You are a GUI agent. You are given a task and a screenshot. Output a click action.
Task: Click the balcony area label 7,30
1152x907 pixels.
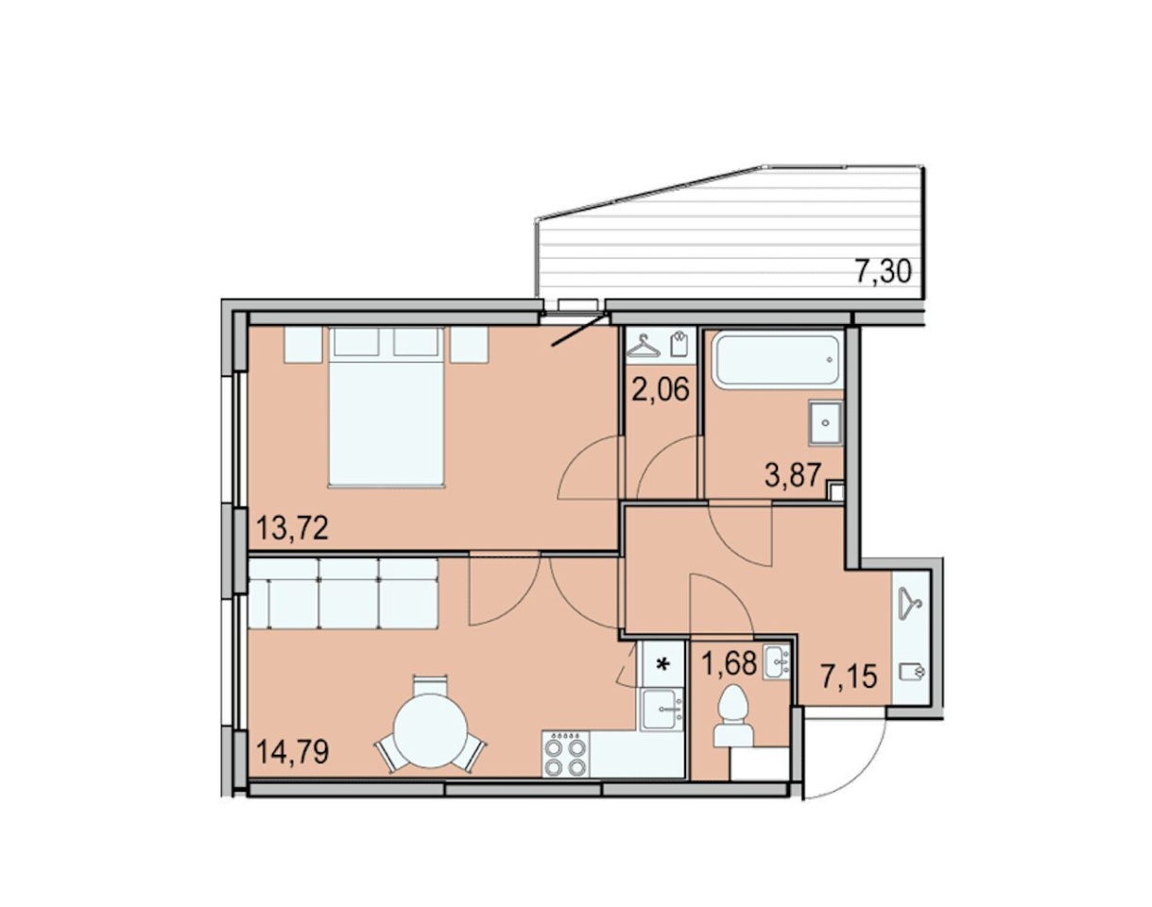pos(883,271)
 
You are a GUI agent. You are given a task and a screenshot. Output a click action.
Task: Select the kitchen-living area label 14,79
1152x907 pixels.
pos(292,751)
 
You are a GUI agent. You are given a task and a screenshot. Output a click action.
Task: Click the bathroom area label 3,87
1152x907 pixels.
pos(793,474)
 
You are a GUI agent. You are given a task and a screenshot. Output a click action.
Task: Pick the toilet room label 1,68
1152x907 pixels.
pos(729,663)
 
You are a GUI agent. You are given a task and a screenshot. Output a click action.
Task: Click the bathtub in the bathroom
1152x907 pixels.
pos(776,359)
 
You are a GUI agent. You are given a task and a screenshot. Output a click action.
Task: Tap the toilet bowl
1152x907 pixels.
pos(734,718)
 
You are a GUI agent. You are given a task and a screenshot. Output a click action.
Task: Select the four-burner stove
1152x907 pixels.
pos(566,755)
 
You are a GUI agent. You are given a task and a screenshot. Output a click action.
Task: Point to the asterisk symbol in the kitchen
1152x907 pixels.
pos(662,664)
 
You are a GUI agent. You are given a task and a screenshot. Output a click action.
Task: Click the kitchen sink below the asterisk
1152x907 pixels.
pos(662,709)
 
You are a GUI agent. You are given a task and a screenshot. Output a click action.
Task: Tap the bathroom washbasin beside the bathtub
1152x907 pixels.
pos(825,422)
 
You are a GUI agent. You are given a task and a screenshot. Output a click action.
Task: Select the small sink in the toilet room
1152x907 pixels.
pos(777,662)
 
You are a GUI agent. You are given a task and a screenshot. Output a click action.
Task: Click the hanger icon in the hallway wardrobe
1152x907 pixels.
pos(911,604)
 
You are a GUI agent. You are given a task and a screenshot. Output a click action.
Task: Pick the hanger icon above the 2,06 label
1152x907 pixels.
pos(644,346)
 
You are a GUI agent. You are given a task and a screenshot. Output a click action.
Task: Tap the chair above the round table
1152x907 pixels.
pos(430,686)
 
